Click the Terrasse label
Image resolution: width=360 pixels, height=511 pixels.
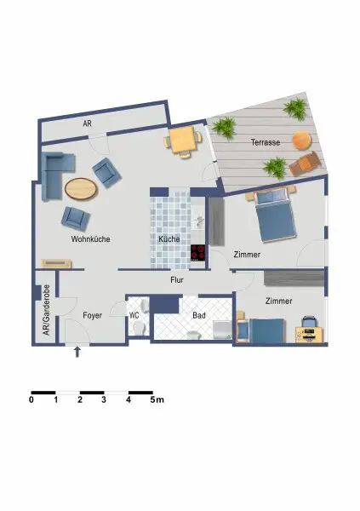coord(266,143)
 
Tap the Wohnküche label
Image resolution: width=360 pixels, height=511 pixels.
coord(90,239)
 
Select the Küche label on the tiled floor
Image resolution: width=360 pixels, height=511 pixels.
coord(169,240)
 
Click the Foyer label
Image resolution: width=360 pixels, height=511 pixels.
coord(93,315)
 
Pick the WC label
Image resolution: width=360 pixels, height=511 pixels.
coord(134,315)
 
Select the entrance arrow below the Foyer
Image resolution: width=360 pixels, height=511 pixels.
coord(78,352)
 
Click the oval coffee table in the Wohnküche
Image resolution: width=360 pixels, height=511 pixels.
coord(81,187)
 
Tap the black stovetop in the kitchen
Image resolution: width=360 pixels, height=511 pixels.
coord(198,252)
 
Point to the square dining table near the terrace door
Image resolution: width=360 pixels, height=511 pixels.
coord(183,141)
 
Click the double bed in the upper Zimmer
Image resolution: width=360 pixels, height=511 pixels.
coord(274,215)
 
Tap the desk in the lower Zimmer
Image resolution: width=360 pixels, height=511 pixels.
coord(310,331)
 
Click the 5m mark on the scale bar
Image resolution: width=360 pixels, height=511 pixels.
coord(157,399)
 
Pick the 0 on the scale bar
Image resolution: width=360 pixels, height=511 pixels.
coord(31,399)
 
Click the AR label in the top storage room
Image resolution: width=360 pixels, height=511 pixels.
coord(88,123)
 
